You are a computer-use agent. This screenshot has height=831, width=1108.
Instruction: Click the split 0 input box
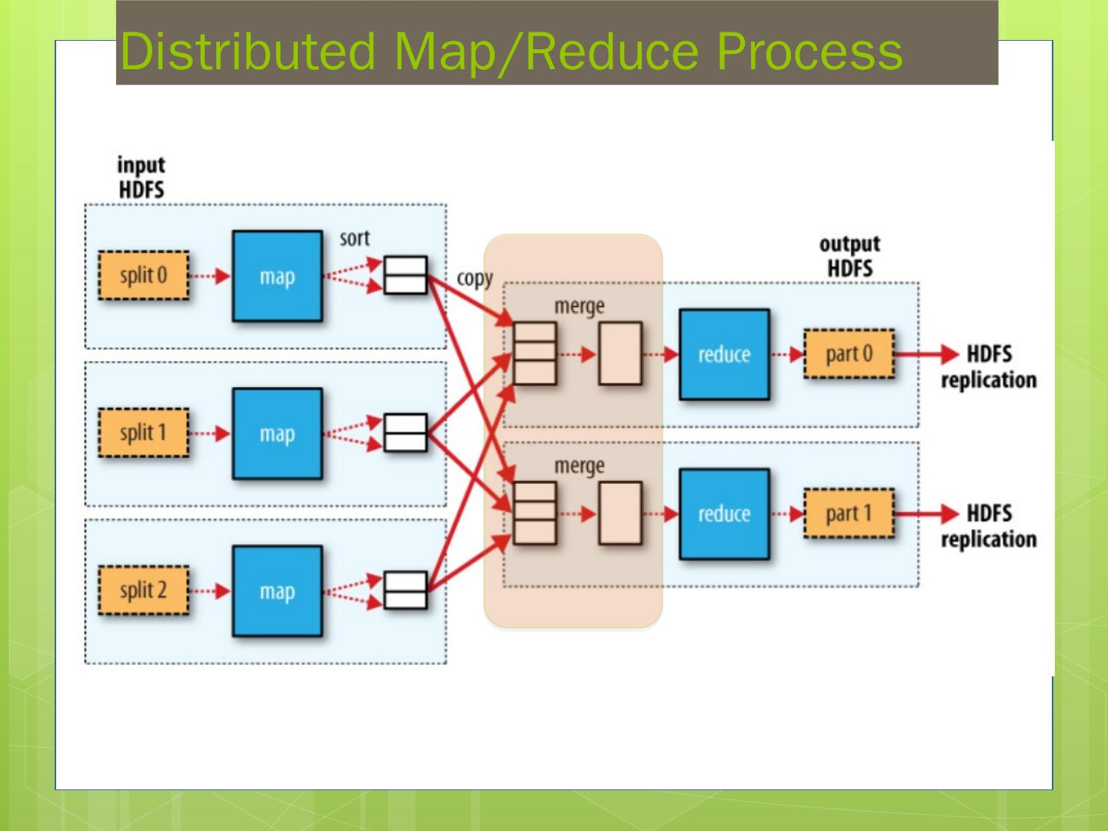(x=143, y=275)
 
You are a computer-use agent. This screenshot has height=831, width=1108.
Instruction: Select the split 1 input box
(x=143, y=433)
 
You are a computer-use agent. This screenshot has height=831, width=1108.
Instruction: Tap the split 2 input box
(x=143, y=591)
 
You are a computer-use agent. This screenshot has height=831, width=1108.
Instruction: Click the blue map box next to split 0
(x=277, y=276)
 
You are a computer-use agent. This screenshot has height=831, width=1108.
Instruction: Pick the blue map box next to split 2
(x=277, y=591)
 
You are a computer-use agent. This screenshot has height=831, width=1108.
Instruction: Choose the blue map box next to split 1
(x=277, y=434)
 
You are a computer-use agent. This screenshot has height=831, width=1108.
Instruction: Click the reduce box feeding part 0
(x=724, y=355)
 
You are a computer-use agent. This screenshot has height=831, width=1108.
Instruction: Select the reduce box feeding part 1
(x=724, y=514)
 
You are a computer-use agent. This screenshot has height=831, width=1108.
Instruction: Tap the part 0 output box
(x=849, y=354)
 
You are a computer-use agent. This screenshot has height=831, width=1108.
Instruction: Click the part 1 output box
(x=849, y=513)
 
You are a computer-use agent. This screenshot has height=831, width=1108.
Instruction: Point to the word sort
(x=355, y=239)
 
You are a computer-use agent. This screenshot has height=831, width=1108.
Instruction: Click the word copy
(x=475, y=279)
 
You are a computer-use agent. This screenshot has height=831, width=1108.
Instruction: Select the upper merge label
(x=579, y=306)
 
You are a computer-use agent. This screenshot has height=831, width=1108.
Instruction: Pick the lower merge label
(x=579, y=466)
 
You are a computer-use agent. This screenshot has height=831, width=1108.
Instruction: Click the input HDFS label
(x=141, y=178)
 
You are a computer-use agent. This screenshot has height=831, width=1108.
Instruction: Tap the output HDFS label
(x=849, y=256)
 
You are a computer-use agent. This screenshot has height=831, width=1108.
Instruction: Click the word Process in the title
(x=809, y=52)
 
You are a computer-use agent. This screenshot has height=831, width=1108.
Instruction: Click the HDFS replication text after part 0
(x=989, y=367)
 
